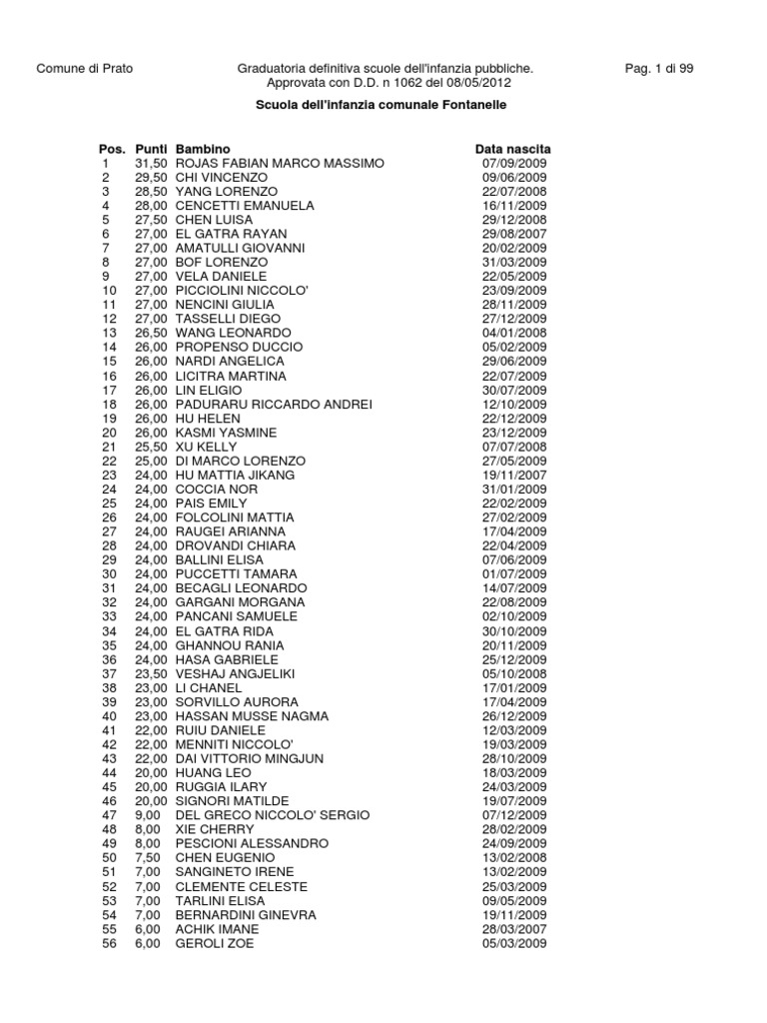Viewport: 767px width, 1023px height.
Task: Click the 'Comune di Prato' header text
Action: click(84, 69)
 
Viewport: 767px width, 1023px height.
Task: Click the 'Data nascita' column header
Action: click(512, 149)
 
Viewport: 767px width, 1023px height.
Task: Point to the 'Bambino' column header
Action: click(203, 149)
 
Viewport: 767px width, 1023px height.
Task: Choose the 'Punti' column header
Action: click(151, 149)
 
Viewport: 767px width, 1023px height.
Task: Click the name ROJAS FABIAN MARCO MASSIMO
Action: click(279, 163)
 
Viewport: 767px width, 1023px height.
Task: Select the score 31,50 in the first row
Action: click(151, 163)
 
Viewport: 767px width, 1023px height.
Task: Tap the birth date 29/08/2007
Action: click(514, 234)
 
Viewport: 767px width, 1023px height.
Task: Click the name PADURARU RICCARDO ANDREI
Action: click(274, 404)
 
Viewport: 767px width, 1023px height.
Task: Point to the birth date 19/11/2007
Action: click(514, 475)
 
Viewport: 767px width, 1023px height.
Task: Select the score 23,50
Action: click(151, 673)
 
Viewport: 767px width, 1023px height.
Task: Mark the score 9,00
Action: click(147, 815)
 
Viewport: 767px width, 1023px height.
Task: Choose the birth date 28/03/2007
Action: click(514, 929)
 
